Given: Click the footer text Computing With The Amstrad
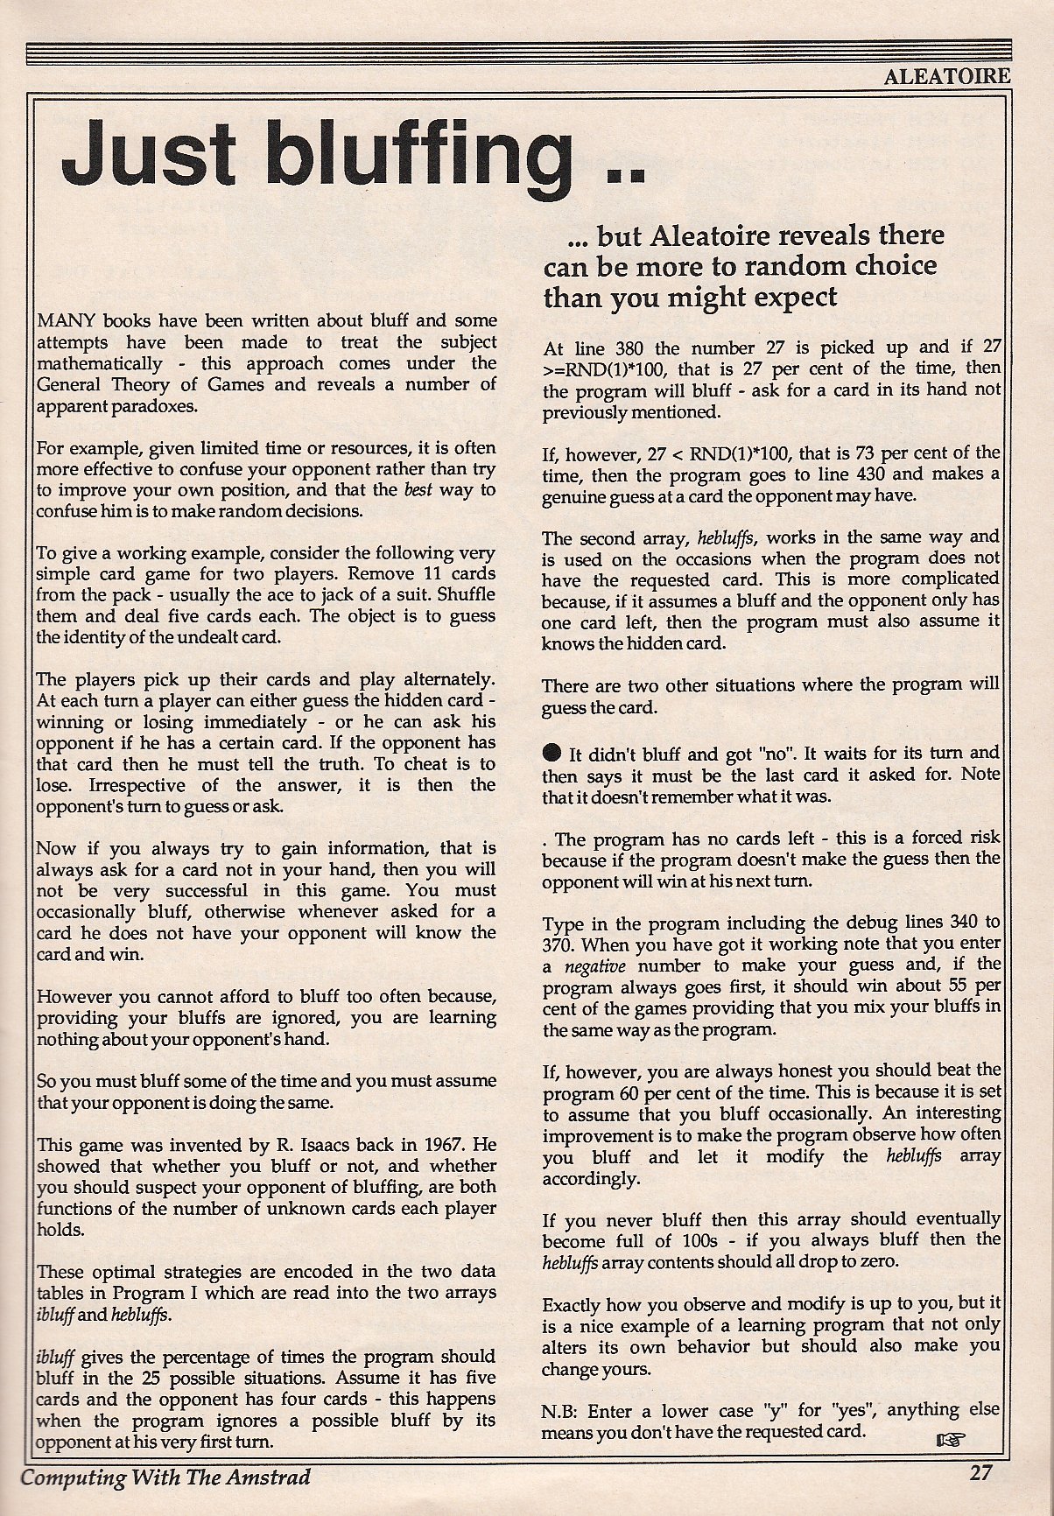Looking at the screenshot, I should point(165,1477).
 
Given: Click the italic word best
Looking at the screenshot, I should point(418,490).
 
